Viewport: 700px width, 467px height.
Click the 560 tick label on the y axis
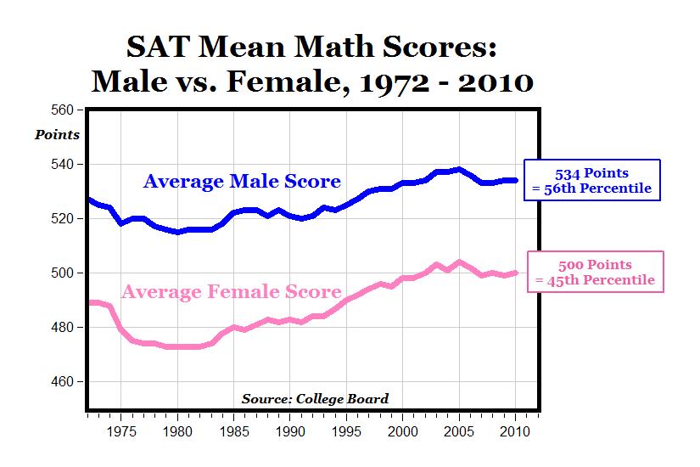tap(63, 110)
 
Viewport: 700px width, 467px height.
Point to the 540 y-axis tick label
tap(63, 164)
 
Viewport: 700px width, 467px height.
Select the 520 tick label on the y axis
tap(63, 218)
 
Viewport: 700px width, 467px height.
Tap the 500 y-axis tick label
tap(63, 273)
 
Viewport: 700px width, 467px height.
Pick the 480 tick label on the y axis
tap(63, 327)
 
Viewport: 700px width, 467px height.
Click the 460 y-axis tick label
tap(63, 381)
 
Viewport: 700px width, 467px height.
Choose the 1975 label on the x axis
tap(121, 430)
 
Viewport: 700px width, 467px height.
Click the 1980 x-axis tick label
tap(177, 430)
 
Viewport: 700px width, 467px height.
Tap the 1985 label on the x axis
tap(233, 430)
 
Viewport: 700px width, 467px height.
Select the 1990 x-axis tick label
tap(289, 430)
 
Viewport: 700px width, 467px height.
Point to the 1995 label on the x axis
tap(346, 430)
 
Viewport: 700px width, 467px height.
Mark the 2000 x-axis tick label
tap(402, 430)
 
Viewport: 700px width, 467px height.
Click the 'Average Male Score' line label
tap(242, 181)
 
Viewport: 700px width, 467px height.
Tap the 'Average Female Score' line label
tap(232, 292)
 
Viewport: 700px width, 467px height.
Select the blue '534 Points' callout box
tap(591, 180)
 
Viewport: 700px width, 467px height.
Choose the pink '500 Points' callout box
tap(595, 272)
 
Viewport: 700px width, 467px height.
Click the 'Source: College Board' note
tap(315, 398)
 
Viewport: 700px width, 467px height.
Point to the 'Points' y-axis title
tap(58, 135)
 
